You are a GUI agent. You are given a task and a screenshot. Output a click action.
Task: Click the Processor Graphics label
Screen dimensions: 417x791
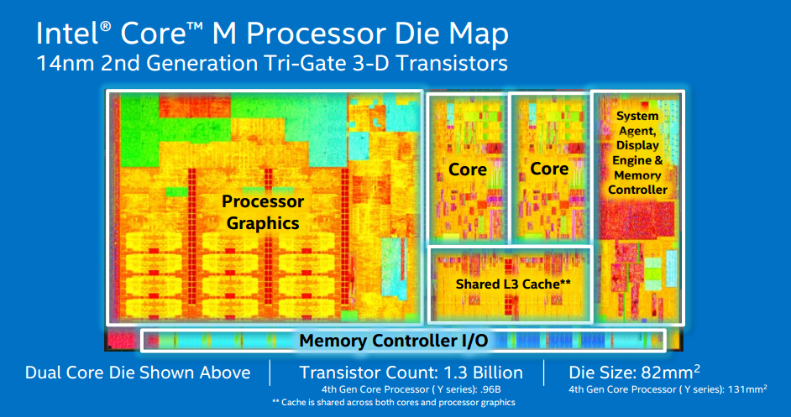[263, 212]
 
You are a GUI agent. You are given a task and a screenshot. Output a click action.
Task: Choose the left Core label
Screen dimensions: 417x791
[468, 169]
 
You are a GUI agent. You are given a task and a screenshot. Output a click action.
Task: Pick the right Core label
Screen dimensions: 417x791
[549, 169]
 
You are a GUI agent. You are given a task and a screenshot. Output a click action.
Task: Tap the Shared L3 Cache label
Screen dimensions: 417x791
[513, 284]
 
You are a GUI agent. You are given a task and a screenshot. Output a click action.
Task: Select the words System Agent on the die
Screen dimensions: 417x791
[637, 123]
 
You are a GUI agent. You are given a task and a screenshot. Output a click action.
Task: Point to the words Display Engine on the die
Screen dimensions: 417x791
[637, 154]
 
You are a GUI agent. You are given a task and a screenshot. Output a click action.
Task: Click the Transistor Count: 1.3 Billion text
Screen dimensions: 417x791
[411, 373]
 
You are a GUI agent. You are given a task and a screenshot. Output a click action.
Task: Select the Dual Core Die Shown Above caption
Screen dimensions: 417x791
[138, 373]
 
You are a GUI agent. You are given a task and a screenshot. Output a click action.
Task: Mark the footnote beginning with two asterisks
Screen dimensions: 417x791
[395, 403]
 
